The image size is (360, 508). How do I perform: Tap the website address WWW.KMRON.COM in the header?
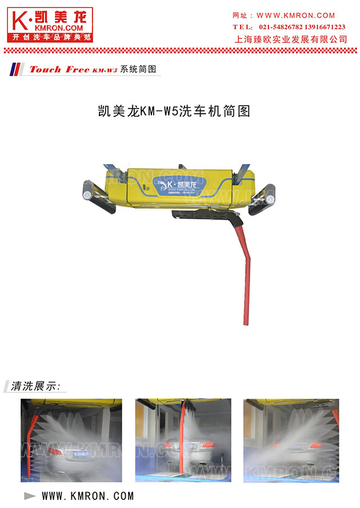pos(296,15)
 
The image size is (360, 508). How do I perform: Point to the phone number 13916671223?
pos(324,27)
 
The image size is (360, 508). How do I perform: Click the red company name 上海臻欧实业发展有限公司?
pos(291,39)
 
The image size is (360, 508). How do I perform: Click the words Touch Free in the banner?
pos(59,70)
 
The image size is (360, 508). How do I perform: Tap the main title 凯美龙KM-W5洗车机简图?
pos(175,111)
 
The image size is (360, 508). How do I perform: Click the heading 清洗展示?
pos(35,386)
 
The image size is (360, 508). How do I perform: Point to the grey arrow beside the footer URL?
pos(30,495)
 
